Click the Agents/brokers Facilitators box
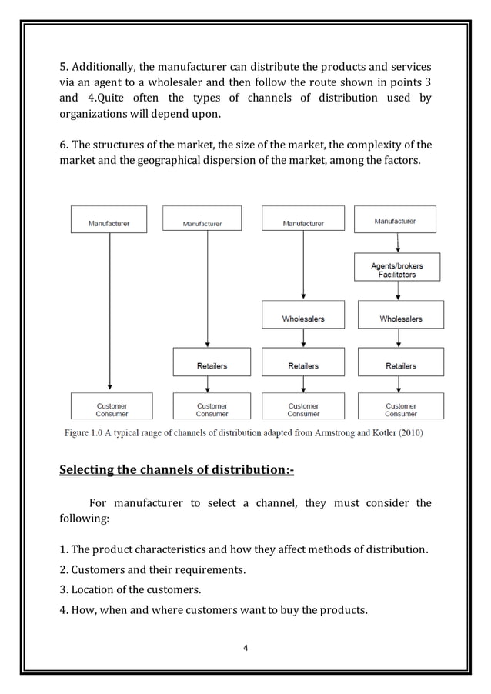396,270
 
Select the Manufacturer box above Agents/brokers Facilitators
395,220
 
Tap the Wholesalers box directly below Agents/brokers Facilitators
400,318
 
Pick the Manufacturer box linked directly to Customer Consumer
109,224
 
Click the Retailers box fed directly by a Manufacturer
212,365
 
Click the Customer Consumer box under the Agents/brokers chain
400,409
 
